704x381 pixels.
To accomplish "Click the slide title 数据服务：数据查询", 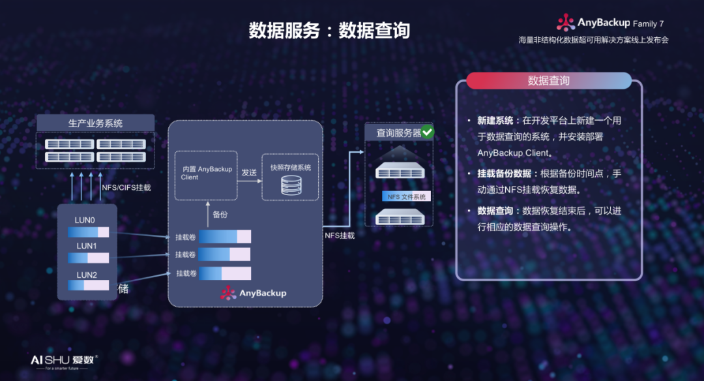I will click(329, 31).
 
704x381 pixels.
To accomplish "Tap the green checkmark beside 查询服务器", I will click(428, 132).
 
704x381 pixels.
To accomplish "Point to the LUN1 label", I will click(86, 246).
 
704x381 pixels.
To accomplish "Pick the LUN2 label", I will click(86, 275).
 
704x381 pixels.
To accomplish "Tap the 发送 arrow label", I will click(249, 172).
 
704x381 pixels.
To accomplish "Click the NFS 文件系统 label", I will click(406, 196).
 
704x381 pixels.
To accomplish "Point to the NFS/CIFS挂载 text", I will click(126, 187).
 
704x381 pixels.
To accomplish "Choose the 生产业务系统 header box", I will click(95, 123).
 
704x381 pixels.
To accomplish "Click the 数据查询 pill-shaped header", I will click(548, 81).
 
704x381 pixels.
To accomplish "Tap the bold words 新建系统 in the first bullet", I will click(495, 121).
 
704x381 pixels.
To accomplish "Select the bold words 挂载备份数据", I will click(504, 174).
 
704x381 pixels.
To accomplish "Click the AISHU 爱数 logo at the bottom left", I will click(64, 361).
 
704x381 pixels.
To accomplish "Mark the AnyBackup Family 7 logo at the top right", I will click(610, 23).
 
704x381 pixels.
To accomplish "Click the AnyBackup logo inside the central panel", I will click(254, 293).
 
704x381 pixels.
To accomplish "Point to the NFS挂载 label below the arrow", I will click(340, 235).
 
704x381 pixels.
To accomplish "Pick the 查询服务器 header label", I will click(398, 132).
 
